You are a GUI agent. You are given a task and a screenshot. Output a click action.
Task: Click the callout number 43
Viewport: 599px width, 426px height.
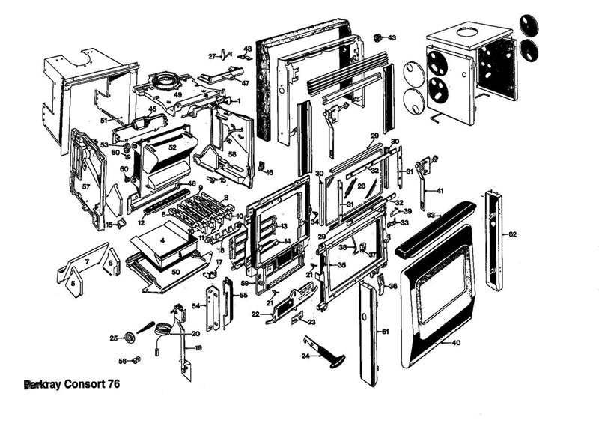coord(392,37)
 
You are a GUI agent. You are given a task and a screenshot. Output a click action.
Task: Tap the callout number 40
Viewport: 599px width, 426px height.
coord(457,343)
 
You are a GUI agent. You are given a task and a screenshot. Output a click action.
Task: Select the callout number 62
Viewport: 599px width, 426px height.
coord(513,234)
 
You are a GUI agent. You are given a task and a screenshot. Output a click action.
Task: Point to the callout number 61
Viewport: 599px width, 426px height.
coord(386,331)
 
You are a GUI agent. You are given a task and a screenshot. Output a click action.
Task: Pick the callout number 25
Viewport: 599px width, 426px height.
coord(114,338)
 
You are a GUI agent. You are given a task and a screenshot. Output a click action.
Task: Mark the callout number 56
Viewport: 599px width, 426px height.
coord(121,361)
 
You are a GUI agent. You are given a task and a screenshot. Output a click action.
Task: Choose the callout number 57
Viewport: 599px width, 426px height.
coord(85,186)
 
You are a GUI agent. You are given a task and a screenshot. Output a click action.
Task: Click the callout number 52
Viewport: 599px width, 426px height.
coord(172,148)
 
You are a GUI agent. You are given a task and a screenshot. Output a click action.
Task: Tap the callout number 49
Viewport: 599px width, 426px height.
coord(178,95)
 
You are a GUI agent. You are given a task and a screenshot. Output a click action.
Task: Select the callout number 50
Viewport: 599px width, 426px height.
coord(175,272)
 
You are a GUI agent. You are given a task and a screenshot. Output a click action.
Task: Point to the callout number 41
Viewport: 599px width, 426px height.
coord(440,191)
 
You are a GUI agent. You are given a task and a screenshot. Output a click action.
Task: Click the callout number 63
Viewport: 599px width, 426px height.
coord(431,215)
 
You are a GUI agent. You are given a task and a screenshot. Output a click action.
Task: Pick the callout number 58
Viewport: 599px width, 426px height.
coord(232,153)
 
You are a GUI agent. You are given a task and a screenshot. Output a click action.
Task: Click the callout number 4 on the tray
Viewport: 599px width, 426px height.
coord(162,242)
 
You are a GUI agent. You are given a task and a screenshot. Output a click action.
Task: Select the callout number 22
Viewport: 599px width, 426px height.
coord(255,314)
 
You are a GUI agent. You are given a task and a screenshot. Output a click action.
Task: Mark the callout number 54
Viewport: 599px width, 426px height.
coord(196,306)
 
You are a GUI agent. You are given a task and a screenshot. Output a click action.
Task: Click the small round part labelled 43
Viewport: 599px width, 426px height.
coord(378,37)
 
